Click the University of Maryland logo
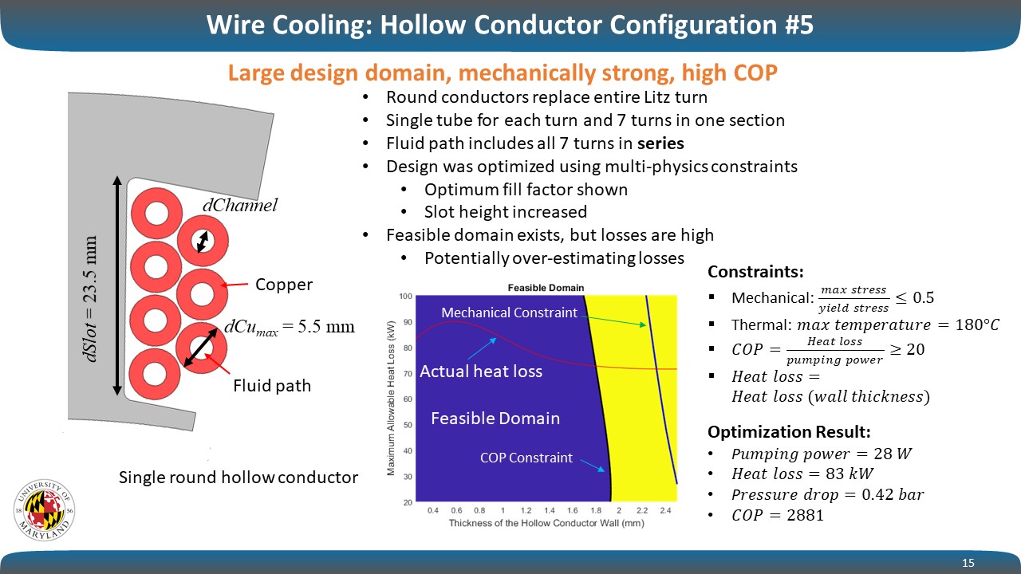[44, 510]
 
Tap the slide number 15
[968, 563]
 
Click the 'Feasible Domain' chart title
[546, 288]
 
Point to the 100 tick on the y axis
[406, 297]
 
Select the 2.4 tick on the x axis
[665, 511]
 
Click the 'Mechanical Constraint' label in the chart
[509, 313]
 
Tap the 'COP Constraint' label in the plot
[526, 458]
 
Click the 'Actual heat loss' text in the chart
[481, 372]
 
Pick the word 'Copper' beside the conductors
[283, 285]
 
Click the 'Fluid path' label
[272, 386]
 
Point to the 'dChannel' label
[240, 206]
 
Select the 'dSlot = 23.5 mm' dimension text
[91, 299]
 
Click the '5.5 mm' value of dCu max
[326, 326]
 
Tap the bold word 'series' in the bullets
[660, 143]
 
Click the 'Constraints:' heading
[755, 272]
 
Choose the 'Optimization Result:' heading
[789, 432]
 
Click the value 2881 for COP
[805, 515]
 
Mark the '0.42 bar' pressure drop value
[893, 494]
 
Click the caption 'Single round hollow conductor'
[238, 478]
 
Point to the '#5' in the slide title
[799, 25]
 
